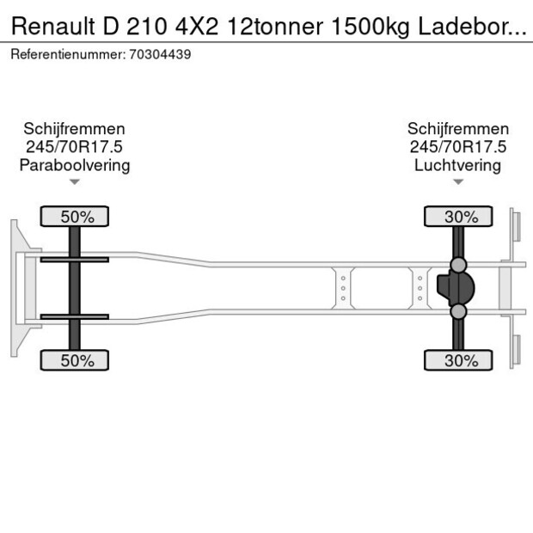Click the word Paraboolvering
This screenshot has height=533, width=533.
75,165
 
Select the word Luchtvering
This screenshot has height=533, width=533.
457,165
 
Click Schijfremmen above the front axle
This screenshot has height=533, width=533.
75,129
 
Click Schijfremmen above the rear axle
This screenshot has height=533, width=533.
457,129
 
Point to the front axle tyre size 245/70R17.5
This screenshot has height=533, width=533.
75,147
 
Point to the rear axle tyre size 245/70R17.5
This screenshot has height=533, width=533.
457,147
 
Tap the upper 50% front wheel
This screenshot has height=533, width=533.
76,217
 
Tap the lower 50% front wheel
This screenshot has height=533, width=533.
76,360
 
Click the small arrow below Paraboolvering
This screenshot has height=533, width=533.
75,181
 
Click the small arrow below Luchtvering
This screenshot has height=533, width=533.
457,181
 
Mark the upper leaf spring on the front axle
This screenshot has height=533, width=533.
75,259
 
